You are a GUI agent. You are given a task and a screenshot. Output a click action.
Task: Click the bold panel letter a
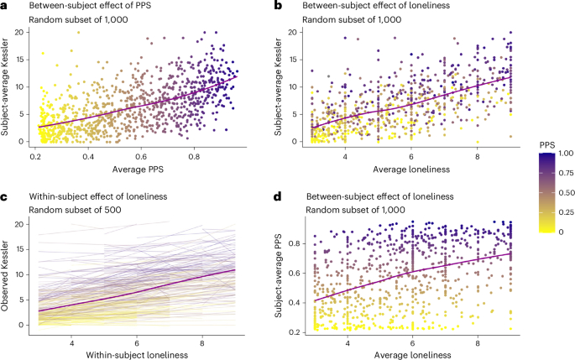click(5, 6)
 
